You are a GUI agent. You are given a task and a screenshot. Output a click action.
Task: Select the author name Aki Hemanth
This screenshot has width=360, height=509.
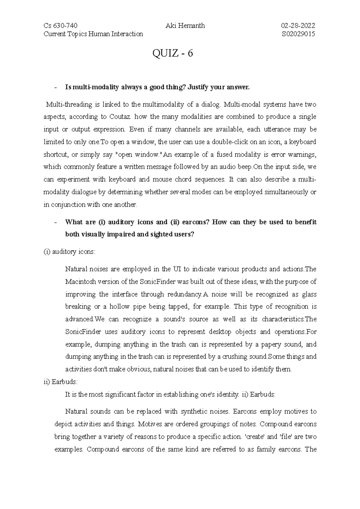click(185, 26)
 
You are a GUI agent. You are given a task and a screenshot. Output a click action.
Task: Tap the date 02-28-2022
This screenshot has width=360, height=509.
click(298, 26)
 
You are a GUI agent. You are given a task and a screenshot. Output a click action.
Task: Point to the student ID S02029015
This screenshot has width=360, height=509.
click(298, 34)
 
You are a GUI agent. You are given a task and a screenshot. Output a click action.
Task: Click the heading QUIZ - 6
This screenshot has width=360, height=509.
click(173, 54)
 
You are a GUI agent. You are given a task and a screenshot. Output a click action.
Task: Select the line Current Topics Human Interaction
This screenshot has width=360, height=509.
click(93, 34)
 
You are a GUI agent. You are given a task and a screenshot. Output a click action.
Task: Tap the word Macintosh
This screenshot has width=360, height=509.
click(76, 282)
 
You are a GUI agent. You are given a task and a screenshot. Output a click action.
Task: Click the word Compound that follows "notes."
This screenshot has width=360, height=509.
click(273, 424)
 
